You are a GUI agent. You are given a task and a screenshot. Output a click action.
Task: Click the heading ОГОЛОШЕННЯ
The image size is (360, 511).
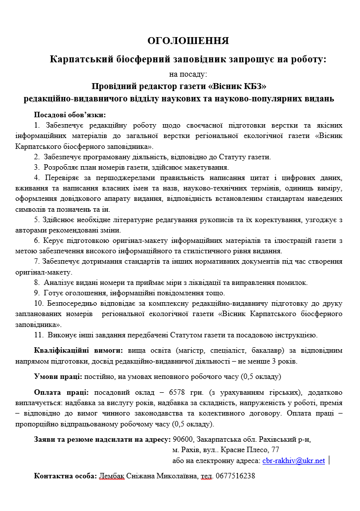click(x=188, y=41)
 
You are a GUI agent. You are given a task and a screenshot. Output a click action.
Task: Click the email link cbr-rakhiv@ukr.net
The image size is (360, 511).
click(x=293, y=461)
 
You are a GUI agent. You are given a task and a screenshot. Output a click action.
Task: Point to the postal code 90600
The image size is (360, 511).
click(x=182, y=439)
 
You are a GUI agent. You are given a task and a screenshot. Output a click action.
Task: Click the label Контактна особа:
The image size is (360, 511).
click(x=65, y=476)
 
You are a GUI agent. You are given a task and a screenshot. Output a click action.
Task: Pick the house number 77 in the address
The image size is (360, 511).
click(x=275, y=450)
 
